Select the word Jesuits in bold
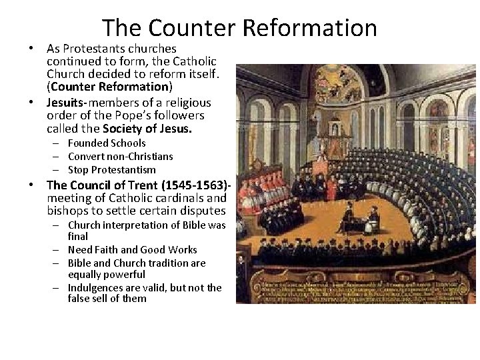(64, 103)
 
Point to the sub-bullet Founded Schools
(107, 143)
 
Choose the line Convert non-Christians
(120, 157)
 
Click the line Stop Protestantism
(111, 169)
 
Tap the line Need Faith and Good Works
(133, 250)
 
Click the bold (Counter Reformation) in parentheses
(109, 87)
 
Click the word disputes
(199, 211)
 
